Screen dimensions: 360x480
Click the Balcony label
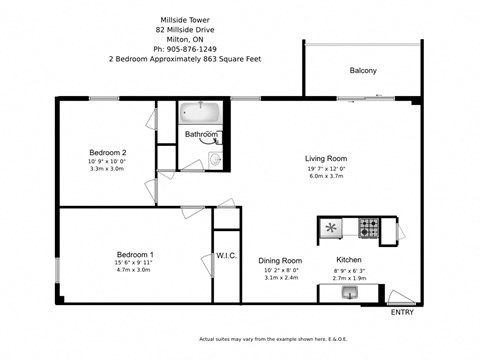pos(363,71)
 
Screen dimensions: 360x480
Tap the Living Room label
pos(326,158)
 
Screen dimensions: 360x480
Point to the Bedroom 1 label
pos(134,254)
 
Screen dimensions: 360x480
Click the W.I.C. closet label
pos(226,256)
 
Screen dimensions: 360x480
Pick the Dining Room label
pos(280,260)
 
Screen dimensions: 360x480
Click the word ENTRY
pos(402,312)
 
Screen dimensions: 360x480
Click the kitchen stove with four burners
pos(369,228)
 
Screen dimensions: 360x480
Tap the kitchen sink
pos(349,293)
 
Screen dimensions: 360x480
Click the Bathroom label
pos(201,134)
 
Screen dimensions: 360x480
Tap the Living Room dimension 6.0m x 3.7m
pos(326,177)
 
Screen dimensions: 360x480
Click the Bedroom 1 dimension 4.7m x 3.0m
pos(134,270)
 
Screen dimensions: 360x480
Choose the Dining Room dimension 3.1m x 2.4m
pos(280,277)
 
